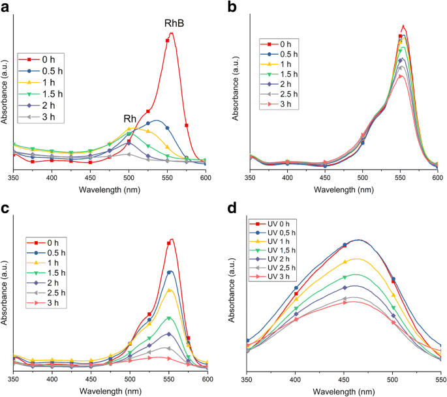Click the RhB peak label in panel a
[174, 23]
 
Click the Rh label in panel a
[130, 119]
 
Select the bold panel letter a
[6, 8]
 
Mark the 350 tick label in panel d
[247, 379]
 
